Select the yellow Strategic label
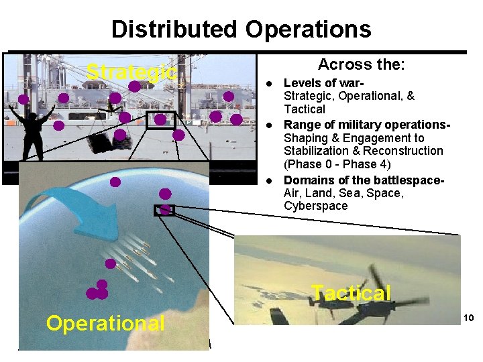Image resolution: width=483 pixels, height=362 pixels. tap(132, 72)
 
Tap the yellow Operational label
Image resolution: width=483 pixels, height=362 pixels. tap(105, 324)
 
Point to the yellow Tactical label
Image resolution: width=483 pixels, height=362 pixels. tap(351, 293)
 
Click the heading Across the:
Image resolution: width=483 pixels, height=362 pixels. tap(362, 65)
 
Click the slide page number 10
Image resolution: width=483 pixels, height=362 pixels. tap(468, 318)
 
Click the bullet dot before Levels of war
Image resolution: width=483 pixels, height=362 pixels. tap(268, 84)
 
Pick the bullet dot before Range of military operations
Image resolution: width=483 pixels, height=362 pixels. tap(268, 125)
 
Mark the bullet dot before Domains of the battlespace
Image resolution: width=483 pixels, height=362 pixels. tap(268, 180)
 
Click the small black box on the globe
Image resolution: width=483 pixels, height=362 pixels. tap(164, 210)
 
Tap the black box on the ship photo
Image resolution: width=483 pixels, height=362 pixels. tap(160, 120)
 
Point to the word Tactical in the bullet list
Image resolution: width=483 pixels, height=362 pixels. tap(305, 109)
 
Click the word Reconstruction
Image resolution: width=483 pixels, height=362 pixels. tap(406, 151)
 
